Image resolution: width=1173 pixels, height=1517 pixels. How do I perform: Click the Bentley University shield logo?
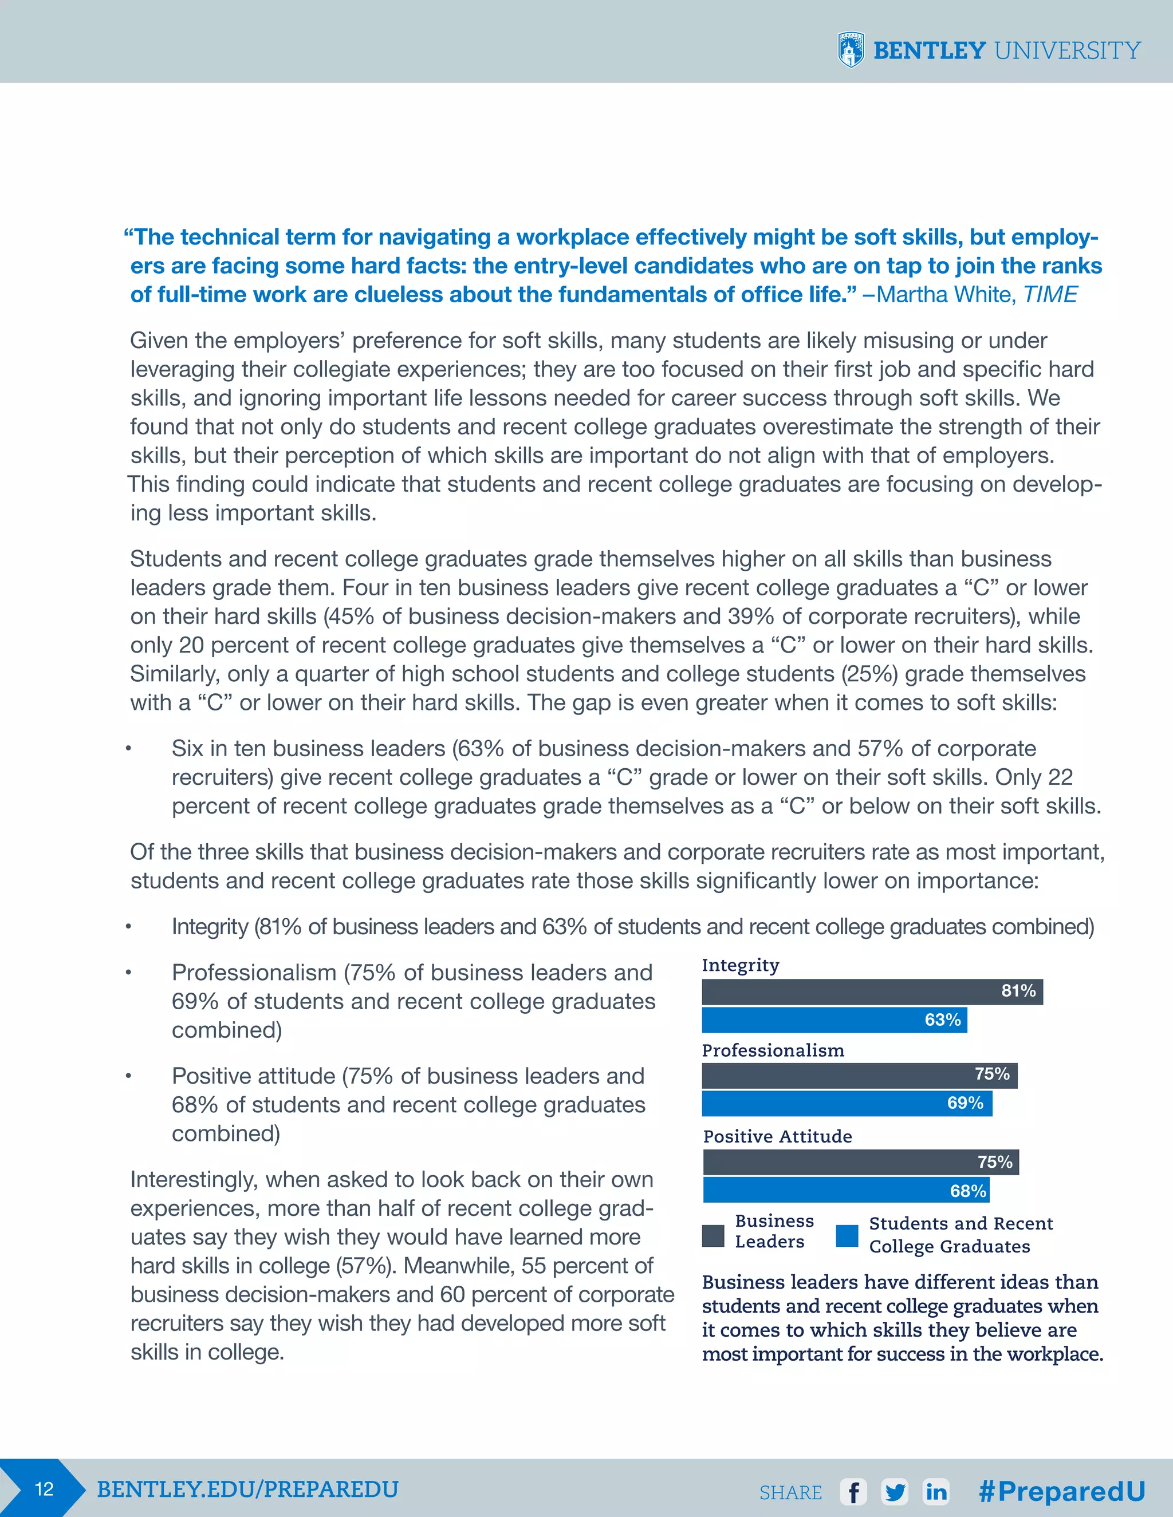click(x=851, y=50)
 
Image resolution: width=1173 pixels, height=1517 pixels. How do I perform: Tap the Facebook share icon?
click(x=853, y=1491)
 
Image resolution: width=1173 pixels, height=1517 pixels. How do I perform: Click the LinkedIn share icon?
click(x=936, y=1491)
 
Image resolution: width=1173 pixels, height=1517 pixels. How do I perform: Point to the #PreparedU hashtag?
click(x=1062, y=1491)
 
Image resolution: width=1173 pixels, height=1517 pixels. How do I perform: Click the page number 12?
click(x=44, y=1488)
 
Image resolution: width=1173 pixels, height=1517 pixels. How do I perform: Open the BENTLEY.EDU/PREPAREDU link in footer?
click(x=247, y=1489)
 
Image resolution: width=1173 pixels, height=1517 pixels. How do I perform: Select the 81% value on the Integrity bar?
click(x=1018, y=991)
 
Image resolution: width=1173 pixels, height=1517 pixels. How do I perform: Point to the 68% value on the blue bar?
click(x=968, y=1191)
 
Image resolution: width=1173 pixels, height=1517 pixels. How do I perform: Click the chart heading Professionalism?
click(x=773, y=1050)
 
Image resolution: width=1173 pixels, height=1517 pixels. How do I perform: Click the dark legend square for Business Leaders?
click(x=713, y=1236)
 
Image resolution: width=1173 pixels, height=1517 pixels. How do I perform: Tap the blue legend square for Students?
click(x=847, y=1236)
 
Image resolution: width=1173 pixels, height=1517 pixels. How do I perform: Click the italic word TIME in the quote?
click(x=1049, y=294)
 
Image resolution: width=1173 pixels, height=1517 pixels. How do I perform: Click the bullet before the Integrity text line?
click(x=128, y=927)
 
